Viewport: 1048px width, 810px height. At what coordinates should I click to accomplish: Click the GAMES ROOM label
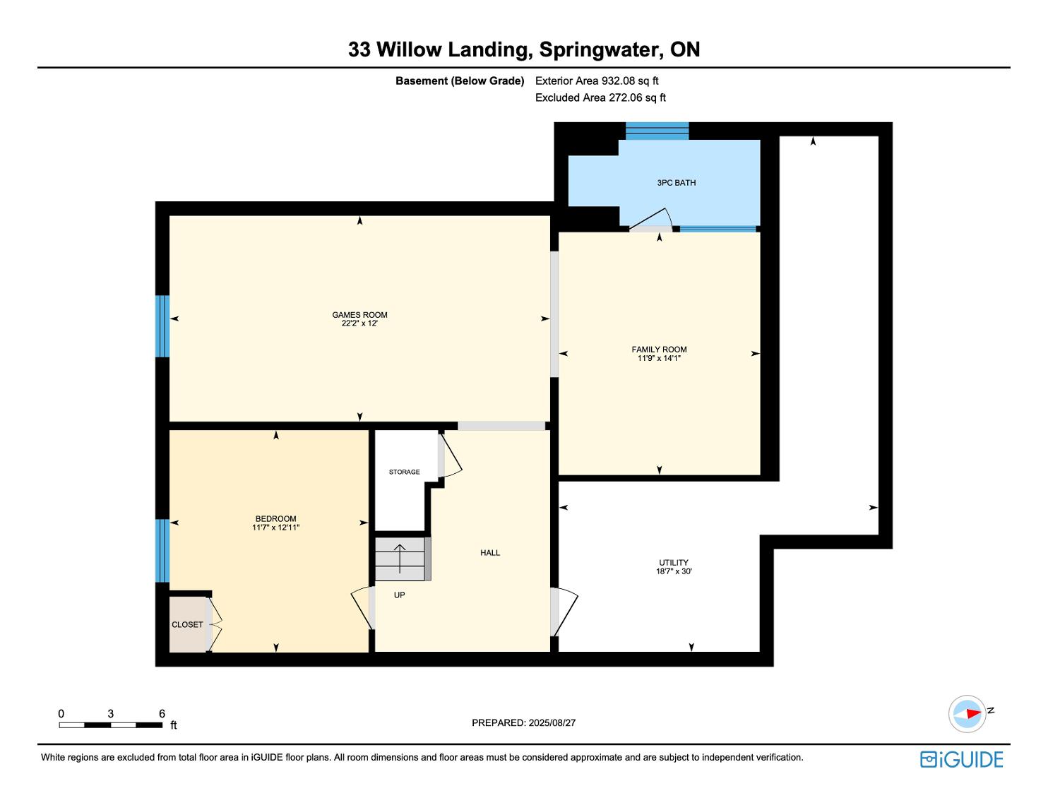click(x=359, y=315)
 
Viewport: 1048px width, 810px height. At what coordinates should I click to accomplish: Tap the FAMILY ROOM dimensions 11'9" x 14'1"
click(x=659, y=358)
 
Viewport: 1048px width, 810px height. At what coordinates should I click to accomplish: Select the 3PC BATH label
click(x=676, y=183)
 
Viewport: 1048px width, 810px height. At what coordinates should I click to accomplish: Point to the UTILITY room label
click(x=673, y=563)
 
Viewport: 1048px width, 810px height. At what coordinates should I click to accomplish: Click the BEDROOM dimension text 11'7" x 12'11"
click(x=275, y=528)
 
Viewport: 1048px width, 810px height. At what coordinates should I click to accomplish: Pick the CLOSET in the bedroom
click(x=188, y=624)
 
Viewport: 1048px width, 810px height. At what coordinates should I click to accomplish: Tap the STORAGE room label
click(x=404, y=472)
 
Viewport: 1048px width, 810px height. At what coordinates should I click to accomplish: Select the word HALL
click(x=490, y=553)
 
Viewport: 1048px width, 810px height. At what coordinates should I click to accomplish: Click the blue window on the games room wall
click(x=162, y=326)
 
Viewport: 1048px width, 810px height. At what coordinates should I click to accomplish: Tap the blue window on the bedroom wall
click(x=162, y=551)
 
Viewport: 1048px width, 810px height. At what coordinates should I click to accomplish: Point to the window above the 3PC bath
click(x=657, y=131)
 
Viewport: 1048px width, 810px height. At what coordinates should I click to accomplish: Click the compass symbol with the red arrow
click(x=967, y=714)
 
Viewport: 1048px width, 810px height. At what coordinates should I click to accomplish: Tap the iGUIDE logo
click(x=962, y=760)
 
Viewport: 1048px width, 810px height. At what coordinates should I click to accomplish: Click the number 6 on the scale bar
click(x=162, y=713)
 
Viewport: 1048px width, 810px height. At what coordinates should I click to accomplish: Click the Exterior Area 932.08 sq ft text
click(x=597, y=81)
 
